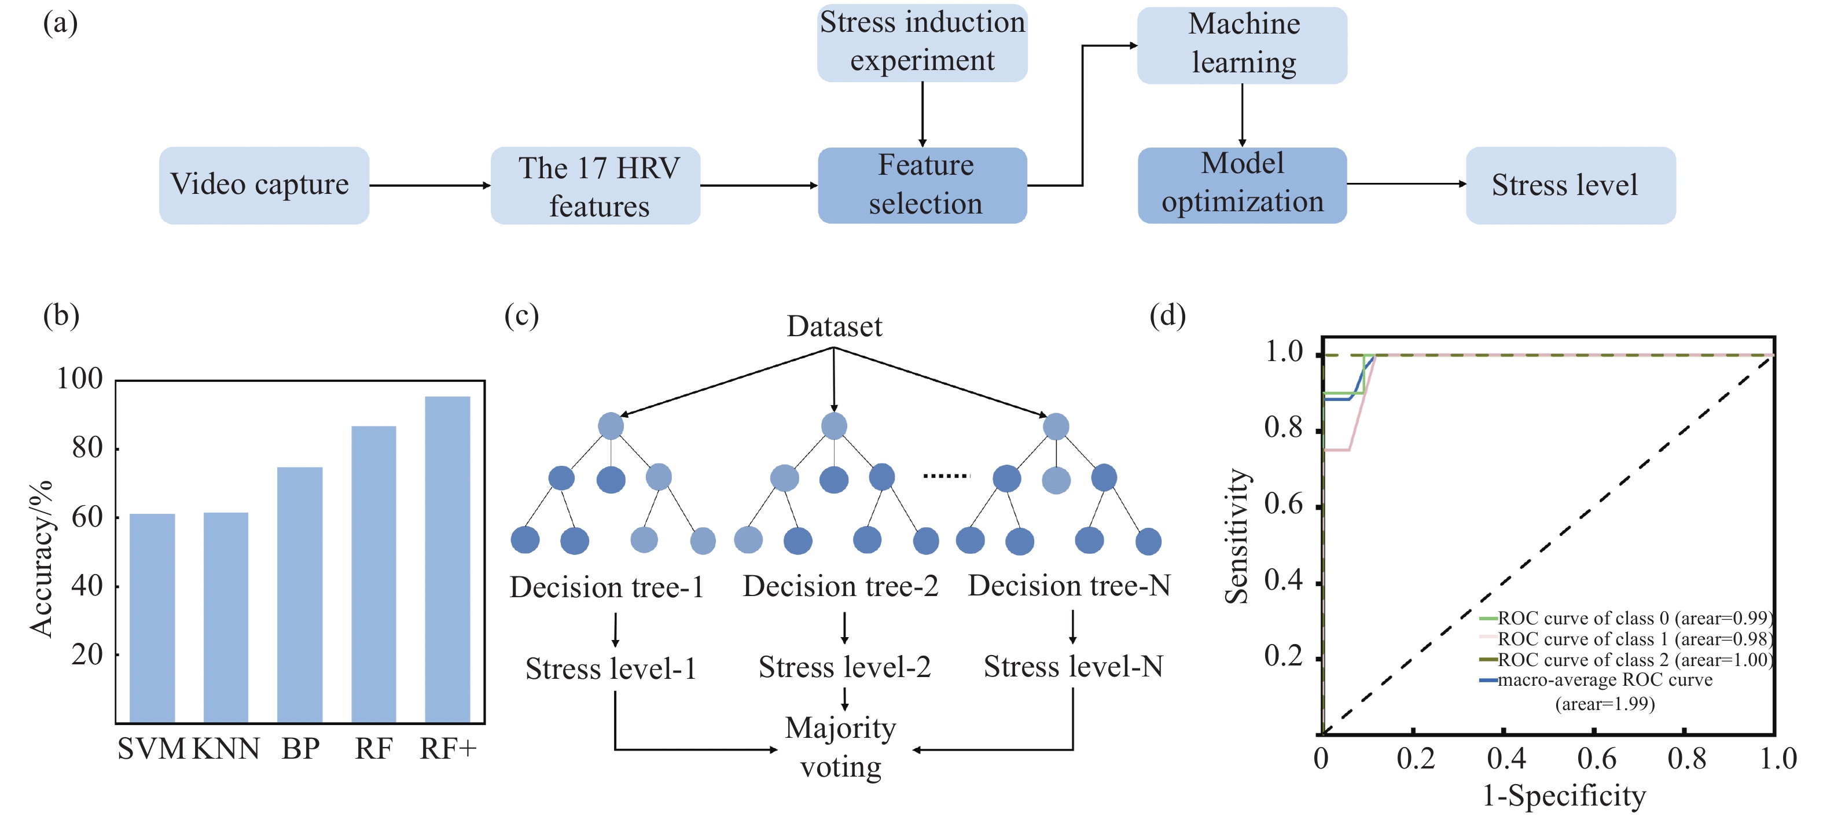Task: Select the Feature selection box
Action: click(x=922, y=185)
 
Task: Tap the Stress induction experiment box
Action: click(x=922, y=42)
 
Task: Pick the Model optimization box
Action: click(x=1242, y=185)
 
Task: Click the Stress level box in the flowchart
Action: click(x=1570, y=185)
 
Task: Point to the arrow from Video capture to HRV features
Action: click(x=429, y=185)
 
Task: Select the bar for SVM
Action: click(x=152, y=617)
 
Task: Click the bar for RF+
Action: click(x=447, y=559)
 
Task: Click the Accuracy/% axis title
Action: click(x=41, y=559)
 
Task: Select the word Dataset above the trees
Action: click(x=835, y=326)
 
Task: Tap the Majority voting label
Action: click(x=841, y=747)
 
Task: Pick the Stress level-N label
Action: click(x=1074, y=667)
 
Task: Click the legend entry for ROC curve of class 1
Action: click(x=1626, y=639)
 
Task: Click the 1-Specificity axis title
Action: click(x=1564, y=795)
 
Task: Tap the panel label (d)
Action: click(x=1168, y=315)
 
